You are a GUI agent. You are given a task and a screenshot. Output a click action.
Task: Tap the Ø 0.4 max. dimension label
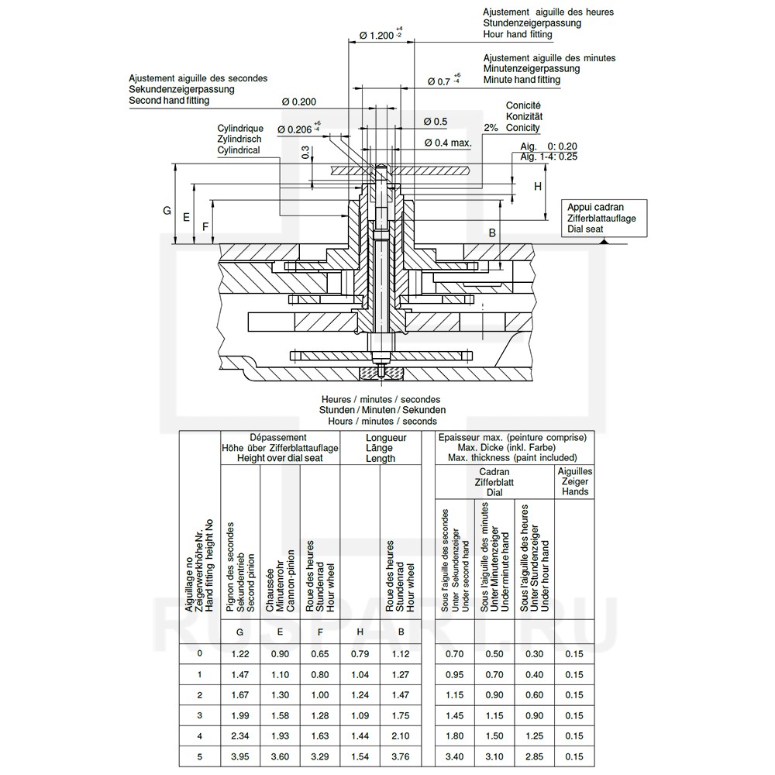pyautogui.click(x=448, y=143)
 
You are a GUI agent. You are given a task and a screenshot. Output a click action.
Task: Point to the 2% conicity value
pyautogui.click(x=491, y=128)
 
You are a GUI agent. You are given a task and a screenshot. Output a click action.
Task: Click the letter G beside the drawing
pyautogui.click(x=167, y=211)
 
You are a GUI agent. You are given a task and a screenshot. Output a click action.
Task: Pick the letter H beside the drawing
pyautogui.click(x=538, y=186)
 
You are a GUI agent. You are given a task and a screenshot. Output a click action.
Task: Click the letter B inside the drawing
pyautogui.click(x=492, y=232)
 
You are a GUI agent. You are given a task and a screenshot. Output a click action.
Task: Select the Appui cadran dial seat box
pyautogui.click(x=604, y=218)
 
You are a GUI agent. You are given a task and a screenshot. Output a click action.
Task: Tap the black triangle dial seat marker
pyautogui.click(x=603, y=241)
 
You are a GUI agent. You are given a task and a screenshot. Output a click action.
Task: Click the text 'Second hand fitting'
pyautogui.click(x=169, y=100)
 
